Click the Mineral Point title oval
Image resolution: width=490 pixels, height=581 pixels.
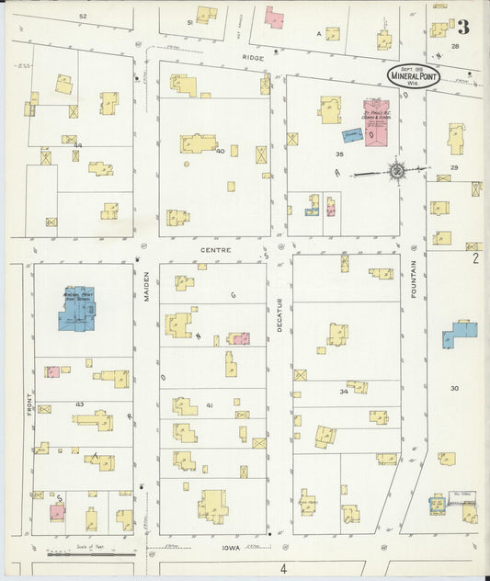[x=413, y=75]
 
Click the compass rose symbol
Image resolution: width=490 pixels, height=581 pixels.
[x=396, y=169]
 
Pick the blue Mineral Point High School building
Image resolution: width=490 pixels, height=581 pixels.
[x=77, y=309]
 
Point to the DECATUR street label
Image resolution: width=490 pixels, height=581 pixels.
[x=280, y=313]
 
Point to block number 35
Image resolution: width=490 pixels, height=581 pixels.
[x=339, y=154]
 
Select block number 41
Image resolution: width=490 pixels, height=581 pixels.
[x=210, y=404]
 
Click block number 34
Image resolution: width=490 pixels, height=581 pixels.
[x=343, y=391]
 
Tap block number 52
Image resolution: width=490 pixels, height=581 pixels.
[x=82, y=17]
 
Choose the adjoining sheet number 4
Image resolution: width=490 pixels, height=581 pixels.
[x=284, y=569]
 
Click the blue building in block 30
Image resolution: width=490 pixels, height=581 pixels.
[x=460, y=334]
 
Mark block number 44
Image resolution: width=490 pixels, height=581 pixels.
[x=79, y=145]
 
